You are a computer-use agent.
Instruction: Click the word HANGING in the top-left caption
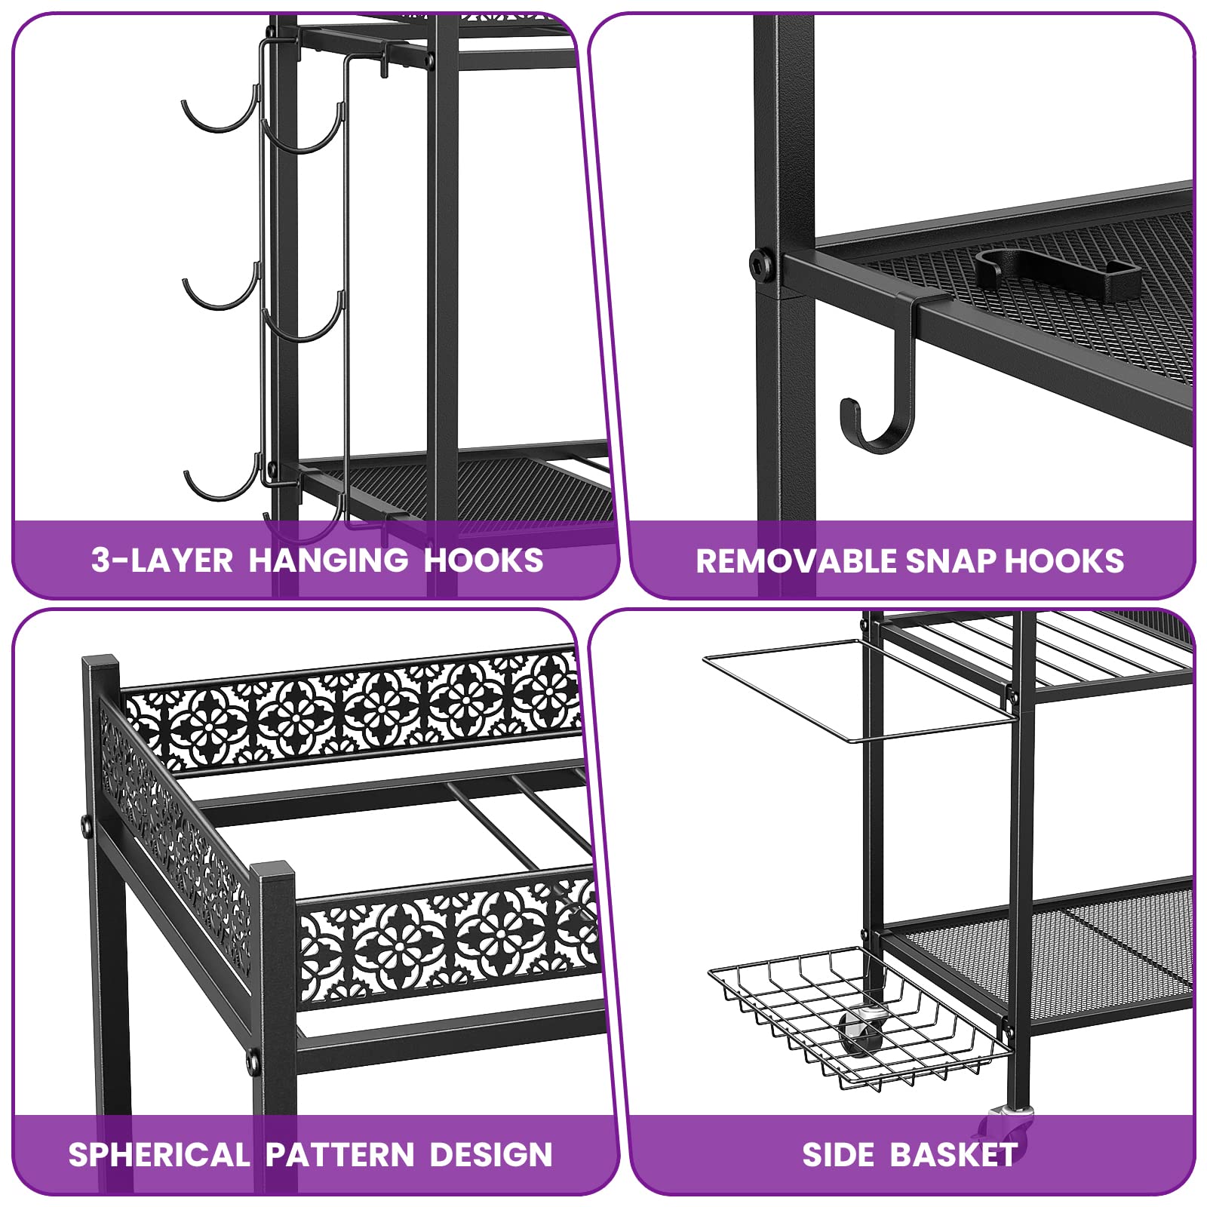pyautogui.click(x=328, y=561)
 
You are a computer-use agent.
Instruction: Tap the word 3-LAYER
pyautogui.click(x=162, y=561)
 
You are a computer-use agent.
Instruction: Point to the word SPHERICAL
pyautogui.click(x=159, y=1155)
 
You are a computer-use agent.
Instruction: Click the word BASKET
pyautogui.click(x=954, y=1155)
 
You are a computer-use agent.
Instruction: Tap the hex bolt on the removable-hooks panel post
pyautogui.click(x=761, y=264)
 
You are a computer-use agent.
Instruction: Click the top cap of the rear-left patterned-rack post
pyautogui.click(x=101, y=662)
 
